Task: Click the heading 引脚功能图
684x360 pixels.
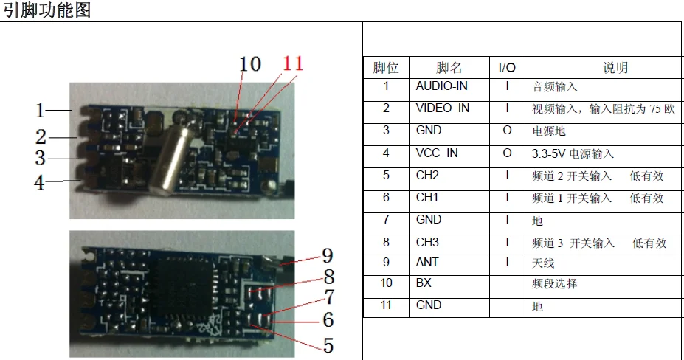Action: (46, 10)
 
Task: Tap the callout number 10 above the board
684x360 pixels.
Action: (250, 64)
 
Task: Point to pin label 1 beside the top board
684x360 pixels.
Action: (41, 111)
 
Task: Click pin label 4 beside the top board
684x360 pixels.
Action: (40, 182)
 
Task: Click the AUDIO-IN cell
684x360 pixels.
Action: (441, 86)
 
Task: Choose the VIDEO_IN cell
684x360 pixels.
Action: (442, 108)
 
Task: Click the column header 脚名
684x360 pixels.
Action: (449, 68)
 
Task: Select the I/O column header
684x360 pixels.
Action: (507, 68)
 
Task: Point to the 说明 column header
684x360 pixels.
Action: (615, 68)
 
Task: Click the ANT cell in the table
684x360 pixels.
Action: (426, 263)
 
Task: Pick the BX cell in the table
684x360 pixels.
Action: (424, 283)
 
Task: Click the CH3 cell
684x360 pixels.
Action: (428, 242)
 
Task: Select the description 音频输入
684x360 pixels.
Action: (554, 87)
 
